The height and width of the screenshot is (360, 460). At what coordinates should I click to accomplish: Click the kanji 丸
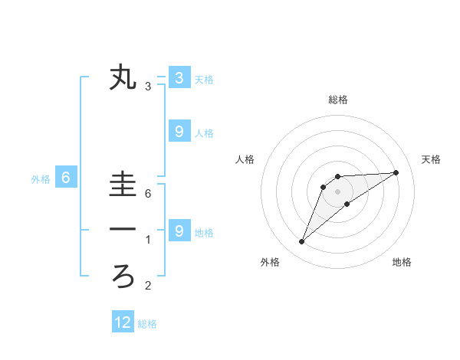(123, 78)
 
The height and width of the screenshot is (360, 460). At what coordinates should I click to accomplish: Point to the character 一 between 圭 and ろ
(123, 230)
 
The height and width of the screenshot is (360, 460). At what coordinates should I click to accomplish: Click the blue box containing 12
(123, 322)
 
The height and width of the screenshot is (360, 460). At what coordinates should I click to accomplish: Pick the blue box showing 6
(66, 178)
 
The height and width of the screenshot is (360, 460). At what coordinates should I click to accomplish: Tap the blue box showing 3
(179, 77)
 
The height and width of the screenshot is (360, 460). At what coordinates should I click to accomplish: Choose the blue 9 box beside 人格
(179, 132)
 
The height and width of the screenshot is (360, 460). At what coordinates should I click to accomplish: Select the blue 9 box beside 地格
(179, 231)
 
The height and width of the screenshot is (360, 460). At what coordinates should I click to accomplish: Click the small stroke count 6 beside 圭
(148, 194)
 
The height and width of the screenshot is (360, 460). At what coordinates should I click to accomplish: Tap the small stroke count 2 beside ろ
(148, 286)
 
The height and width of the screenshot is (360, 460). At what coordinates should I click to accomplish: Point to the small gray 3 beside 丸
(148, 87)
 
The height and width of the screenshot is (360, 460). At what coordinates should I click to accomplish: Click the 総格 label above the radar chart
(337, 100)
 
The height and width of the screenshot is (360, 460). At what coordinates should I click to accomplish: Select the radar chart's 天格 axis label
(431, 159)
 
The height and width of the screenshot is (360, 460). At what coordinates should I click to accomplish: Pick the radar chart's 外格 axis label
(270, 262)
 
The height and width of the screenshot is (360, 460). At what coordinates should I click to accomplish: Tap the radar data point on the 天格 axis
(396, 172)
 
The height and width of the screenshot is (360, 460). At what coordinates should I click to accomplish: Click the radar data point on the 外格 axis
(301, 242)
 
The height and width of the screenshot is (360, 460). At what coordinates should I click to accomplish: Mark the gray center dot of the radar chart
(337, 191)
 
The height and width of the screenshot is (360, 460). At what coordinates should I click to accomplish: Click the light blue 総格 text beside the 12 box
(147, 324)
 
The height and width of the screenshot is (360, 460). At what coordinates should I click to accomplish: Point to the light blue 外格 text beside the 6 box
(41, 179)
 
